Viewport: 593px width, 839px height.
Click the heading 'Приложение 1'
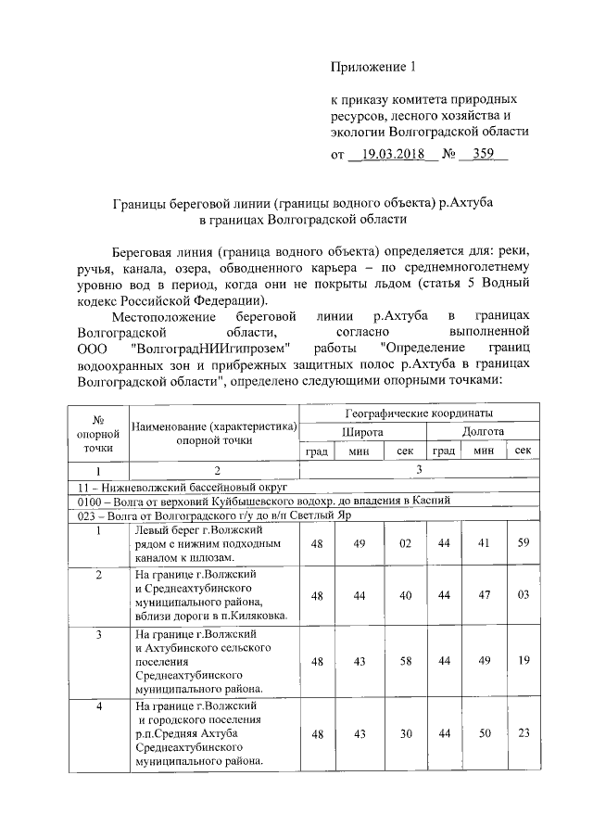click(x=375, y=67)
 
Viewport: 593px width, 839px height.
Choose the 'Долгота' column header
click(x=483, y=431)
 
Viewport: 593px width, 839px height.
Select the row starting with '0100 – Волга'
click(x=264, y=500)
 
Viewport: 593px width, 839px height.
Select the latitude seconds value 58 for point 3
click(x=405, y=662)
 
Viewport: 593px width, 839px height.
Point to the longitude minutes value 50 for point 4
click(x=483, y=734)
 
